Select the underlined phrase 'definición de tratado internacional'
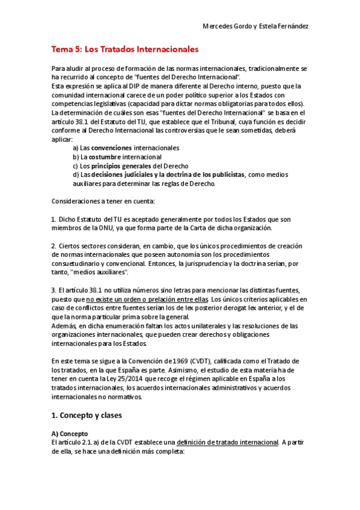[x=226, y=443]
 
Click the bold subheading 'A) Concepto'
[x=70, y=434]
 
